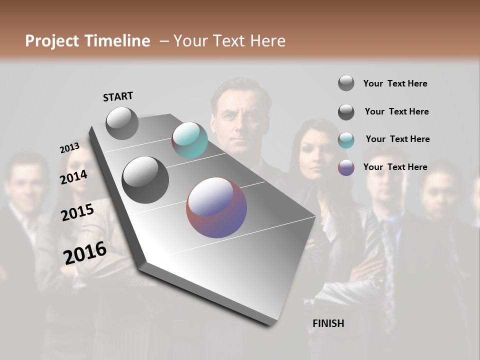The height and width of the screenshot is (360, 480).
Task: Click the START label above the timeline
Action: (x=118, y=96)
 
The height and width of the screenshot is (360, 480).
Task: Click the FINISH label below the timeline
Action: (x=328, y=323)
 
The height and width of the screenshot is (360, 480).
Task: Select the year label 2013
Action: (x=69, y=148)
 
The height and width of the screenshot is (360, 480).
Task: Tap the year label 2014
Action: (x=73, y=177)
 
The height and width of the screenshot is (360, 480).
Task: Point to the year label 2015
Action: (x=77, y=212)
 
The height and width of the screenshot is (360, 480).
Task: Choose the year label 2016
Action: (x=85, y=253)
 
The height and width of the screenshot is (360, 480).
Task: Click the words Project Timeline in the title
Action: (x=87, y=41)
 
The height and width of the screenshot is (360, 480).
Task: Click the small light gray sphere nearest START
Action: (x=122, y=123)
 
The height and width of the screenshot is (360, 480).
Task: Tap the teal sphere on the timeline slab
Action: (x=189, y=140)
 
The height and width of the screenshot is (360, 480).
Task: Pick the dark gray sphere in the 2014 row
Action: (x=145, y=180)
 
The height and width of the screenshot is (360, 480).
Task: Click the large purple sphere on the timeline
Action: (x=216, y=207)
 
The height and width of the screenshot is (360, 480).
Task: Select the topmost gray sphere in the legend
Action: (x=346, y=83)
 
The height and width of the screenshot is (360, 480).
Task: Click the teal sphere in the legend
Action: (x=346, y=140)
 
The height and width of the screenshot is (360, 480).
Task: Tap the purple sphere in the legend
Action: (x=346, y=167)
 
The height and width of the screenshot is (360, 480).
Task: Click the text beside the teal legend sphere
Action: (x=397, y=139)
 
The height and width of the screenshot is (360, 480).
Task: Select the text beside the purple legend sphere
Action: (x=395, y=167)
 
